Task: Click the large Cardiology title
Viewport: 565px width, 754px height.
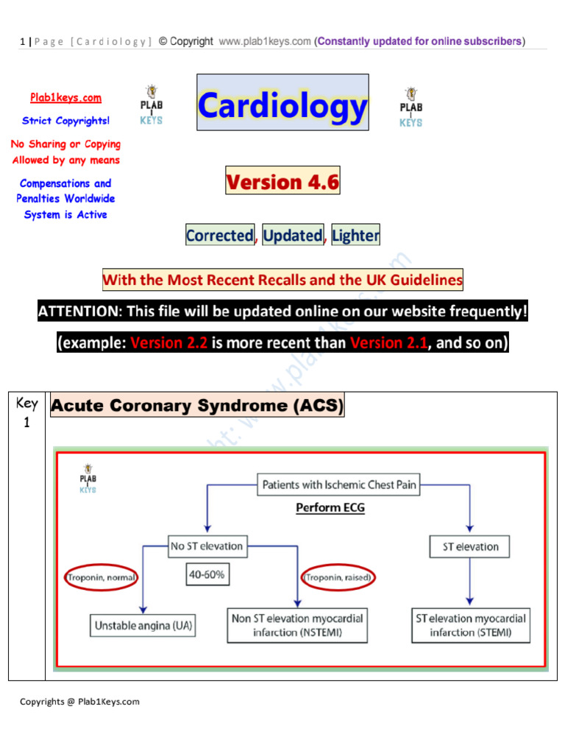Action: coord(282,107)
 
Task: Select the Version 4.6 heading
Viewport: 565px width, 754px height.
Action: coord(282,181)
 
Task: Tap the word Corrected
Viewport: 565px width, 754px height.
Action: coord(219,236)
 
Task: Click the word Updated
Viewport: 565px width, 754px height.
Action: coord(293,236)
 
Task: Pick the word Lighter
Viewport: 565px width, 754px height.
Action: coord(355,236)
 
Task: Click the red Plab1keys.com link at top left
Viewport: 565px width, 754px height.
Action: coord(65,98)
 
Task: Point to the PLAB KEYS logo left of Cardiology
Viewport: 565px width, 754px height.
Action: coord(152,106)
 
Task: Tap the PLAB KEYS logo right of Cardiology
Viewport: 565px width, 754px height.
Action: coord(411,108)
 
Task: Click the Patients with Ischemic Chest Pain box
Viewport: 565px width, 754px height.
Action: coord(338,485)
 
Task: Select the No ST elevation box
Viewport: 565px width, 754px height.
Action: coord(206,546)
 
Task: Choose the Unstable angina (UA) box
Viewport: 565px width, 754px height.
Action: coord(143,627)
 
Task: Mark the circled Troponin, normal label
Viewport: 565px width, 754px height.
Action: coord(102,578)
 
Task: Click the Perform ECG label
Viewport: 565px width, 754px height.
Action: coord(330,507)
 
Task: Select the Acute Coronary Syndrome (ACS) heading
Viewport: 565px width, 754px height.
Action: coord(196,406)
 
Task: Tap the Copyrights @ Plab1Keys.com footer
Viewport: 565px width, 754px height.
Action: coord(79,702)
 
